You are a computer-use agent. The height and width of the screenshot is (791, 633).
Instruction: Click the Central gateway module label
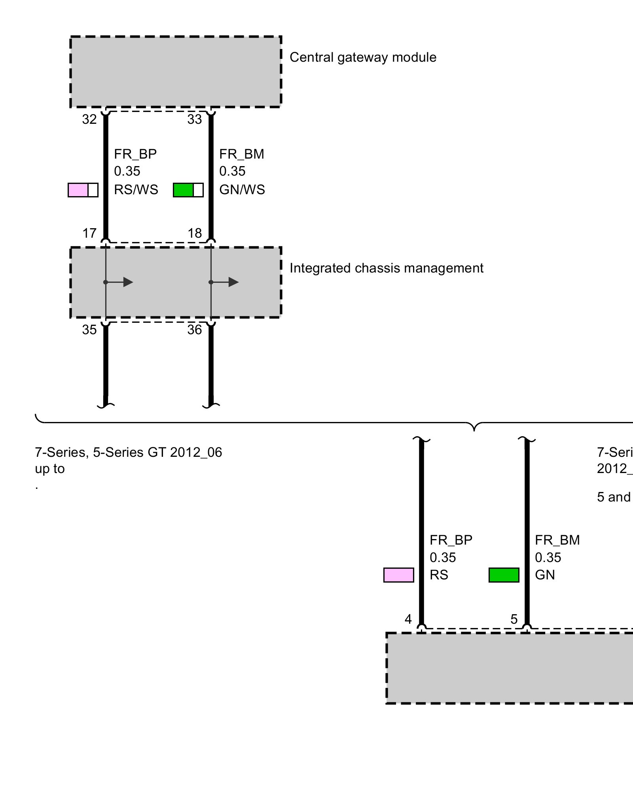click(x=363, y=57)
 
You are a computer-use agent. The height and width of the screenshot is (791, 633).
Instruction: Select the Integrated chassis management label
click(x=386, y=268)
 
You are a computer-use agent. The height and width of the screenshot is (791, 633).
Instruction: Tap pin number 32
click(x=89, y=119)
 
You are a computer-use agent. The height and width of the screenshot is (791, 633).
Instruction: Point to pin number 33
click(x=195, y=119)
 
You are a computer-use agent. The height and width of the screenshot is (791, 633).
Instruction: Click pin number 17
click(x=89, y=233)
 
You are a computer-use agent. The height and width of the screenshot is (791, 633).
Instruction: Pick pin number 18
click(x=195, y=233)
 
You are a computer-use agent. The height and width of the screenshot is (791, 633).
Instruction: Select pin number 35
click(x=89, y=330)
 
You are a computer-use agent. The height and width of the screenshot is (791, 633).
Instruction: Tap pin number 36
click(x=195, y=330)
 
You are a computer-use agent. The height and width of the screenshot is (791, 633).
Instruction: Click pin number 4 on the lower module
click(x=408, y=619)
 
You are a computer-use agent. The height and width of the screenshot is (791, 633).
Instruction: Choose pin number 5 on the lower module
click(x=514, y=619)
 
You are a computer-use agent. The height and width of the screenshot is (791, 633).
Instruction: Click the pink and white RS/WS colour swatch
click(x=83, y=190)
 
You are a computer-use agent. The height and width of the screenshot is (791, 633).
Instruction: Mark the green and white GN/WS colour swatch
click(x=188, y=190)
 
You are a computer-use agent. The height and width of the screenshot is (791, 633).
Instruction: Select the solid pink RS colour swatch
click(x=399, y=575)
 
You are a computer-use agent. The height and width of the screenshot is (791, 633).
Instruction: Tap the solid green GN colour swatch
click(x=504, y=575)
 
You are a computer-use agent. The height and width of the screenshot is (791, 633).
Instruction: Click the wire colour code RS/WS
click(x=136, y=190)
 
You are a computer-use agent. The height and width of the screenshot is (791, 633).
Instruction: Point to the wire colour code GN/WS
click(x=242, y=190)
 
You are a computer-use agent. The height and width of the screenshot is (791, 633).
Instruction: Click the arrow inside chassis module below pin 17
click(x=127, y=282)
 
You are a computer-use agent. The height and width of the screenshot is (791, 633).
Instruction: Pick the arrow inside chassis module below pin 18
click(x=233, y=282)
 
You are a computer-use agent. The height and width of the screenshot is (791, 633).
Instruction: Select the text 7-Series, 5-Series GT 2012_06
click(x=129, y=452)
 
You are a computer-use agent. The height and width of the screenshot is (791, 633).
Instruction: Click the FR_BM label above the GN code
click(x=557, y=540)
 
